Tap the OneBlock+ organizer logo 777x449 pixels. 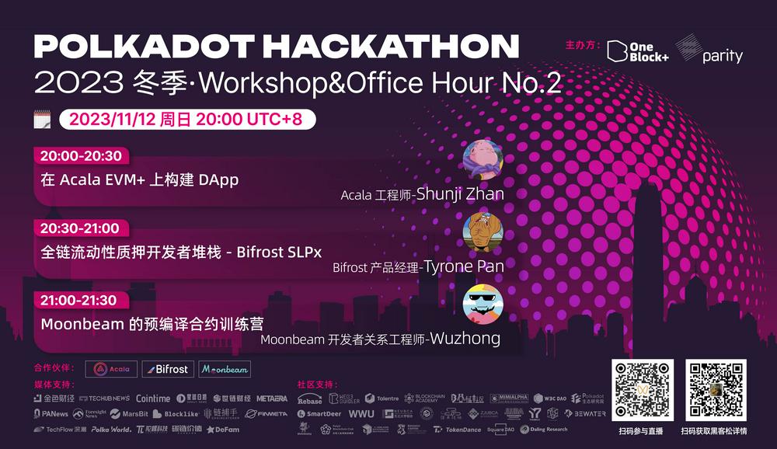(637, 50)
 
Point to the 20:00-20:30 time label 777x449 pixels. (76, 155)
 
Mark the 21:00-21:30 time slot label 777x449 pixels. (78, 300)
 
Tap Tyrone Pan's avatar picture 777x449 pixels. (483, 232)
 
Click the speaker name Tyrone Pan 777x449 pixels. (463, 266)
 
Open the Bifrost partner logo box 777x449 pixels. (166, 369)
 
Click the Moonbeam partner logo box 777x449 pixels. (225, 369)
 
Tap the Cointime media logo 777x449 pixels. (153, 399)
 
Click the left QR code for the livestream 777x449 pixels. (642, 389)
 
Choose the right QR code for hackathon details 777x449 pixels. (716, 389)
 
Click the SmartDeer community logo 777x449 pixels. (319, 414)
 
